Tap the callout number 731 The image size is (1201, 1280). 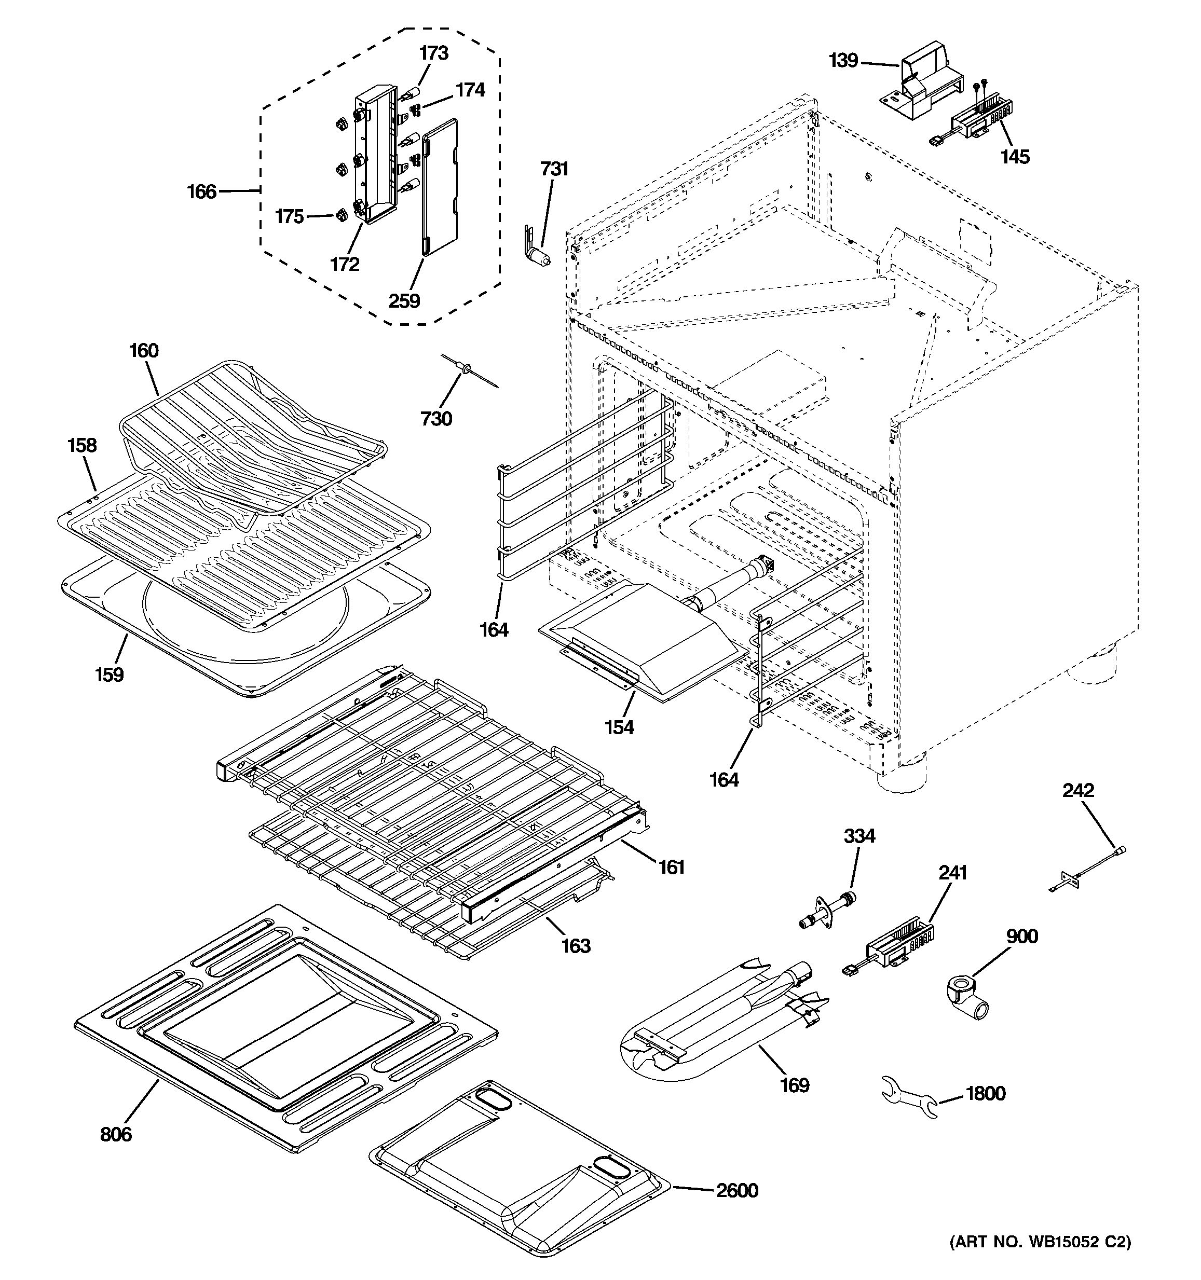[x=554, y=169]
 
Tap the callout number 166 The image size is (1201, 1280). [x=201, y=191]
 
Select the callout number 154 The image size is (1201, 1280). [x=619, y=727]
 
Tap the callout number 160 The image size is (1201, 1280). [x=144, y=350]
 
